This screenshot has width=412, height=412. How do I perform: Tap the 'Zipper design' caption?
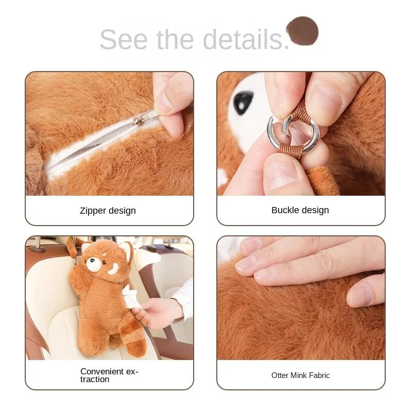tap(108, 210)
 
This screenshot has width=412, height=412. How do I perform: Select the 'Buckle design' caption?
tap(300, 210)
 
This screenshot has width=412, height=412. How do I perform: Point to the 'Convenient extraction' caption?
tap(109, 375)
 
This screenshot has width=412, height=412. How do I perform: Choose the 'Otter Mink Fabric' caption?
tap(300, 375)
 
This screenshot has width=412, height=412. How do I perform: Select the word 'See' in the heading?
tap(122, 39)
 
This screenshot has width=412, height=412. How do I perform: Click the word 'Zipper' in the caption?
tap(93, 210)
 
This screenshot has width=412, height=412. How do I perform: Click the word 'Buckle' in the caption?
tap(284, 210)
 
